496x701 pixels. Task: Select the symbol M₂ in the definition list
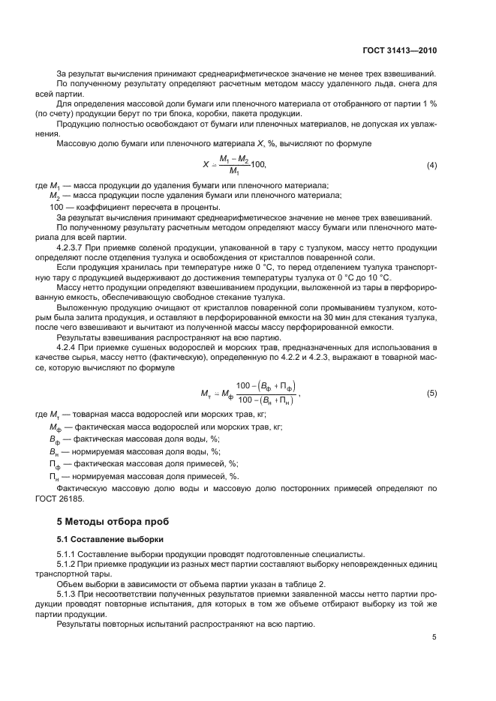click(53, 196)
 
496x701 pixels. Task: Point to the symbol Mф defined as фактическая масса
click(54, 427)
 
